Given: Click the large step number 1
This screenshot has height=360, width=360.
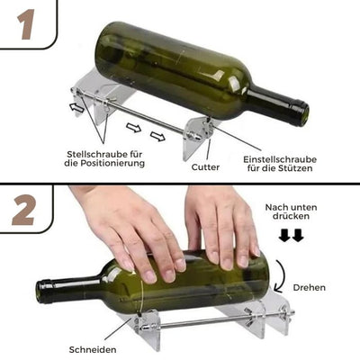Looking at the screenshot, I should (24, 25).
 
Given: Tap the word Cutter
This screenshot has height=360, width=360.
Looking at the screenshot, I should (205, 166).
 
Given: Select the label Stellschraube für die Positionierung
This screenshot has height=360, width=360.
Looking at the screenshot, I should (104, 158).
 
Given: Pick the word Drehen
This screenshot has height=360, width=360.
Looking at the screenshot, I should (310, 287).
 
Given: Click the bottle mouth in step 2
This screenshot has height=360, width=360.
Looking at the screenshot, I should (43, 292).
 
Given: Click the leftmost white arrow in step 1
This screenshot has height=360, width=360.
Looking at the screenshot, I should (78, 108).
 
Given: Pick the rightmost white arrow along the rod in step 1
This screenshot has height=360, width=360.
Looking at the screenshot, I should (157, 136).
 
